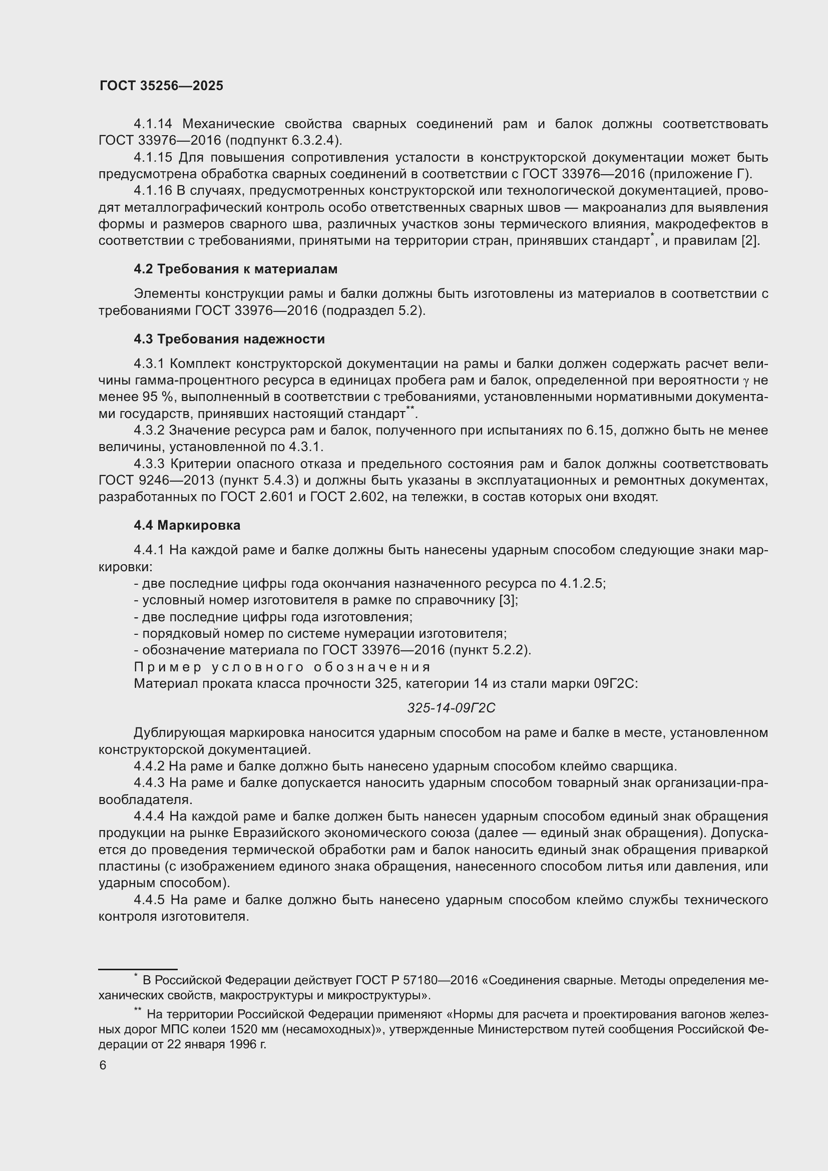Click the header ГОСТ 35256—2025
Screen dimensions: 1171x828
pyautogui.click(x=161, y=86)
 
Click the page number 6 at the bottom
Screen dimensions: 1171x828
pyautogui.click(x=103, y=1065)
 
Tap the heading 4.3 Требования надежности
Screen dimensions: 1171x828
pyautogui.click(x=229, y=339)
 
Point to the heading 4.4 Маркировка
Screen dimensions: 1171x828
pyautogui.click(x=187, y=525)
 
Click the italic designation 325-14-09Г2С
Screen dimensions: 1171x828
pyautogui.click(x=451, y=708)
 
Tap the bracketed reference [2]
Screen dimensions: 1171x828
pyautogui.click(x=750, y=241)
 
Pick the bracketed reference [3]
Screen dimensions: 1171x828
pyautogui.click(x=508, y=600)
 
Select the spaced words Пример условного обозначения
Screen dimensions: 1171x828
pyautogui.click(x=282, y=667)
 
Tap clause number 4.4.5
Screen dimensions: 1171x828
pyautogui.click(x=149, y=900)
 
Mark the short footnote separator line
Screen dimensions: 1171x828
pyautogui.click(x=138, y=969)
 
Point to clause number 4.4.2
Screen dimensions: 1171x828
pyautogui.click(x=149, y=766)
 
